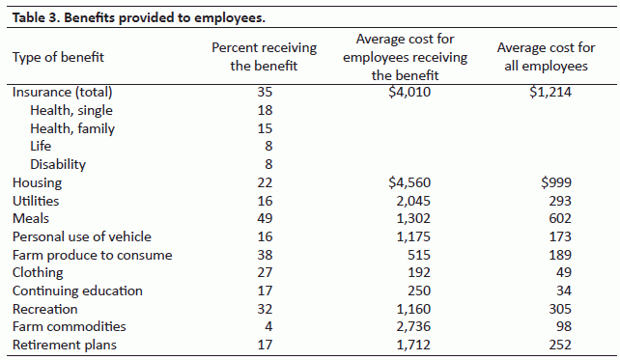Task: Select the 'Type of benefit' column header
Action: coord(57,57)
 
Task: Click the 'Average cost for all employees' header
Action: coord(546,57)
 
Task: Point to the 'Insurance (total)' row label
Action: coord(62,93)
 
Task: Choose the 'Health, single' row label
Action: coord(71,111)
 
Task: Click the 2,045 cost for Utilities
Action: coord(409,201)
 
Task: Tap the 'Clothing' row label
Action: coord(38,273)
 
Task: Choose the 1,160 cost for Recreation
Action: coord(409,309)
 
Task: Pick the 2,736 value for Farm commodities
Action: coord(409,327)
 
